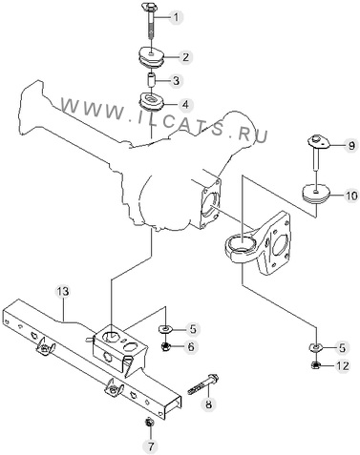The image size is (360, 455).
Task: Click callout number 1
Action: point(176,17)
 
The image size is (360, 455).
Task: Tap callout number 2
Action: point(185,57)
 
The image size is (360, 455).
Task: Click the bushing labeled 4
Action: point(152,101)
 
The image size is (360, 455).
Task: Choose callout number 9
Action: point(350,146)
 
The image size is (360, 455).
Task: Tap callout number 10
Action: point(351,196)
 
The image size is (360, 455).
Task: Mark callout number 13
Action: point(63,291)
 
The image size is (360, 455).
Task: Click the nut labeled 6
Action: point(166,346)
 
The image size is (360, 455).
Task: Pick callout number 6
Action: point(191,346)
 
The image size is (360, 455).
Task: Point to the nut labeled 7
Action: point(149,423)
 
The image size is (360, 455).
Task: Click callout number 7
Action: point(151,446)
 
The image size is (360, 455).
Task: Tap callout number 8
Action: point(208,404)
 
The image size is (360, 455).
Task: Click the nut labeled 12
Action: point(315,365)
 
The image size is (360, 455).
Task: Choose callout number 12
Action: point(342,365)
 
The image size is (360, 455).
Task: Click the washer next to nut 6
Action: point(165,328)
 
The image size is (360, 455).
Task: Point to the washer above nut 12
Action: point(315,347)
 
